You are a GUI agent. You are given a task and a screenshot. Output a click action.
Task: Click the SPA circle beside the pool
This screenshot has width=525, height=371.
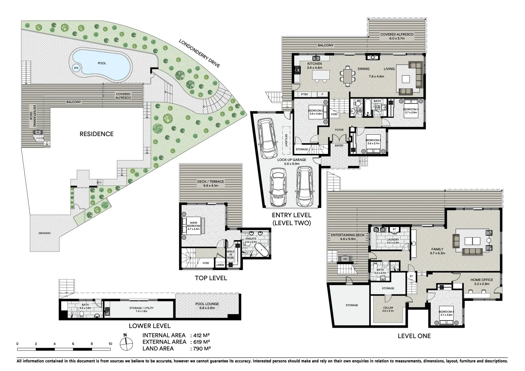tap(76, 68)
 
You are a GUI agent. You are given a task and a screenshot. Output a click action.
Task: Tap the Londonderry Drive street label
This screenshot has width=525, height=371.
tap(199, 53)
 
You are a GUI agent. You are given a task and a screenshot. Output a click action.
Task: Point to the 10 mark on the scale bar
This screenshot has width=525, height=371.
tap(110, 344)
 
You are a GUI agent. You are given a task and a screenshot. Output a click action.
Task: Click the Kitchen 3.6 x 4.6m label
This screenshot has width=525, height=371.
tap(314, 66)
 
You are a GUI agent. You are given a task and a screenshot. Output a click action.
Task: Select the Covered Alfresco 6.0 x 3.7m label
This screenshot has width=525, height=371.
tap(397, 36)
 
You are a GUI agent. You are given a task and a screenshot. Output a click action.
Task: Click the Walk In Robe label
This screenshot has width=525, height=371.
tap(230, 255)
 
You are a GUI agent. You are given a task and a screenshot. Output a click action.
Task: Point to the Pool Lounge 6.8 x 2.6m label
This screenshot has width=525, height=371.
tap(207, 306)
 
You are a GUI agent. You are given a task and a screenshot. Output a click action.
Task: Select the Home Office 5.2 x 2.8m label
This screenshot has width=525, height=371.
tap(481, 282)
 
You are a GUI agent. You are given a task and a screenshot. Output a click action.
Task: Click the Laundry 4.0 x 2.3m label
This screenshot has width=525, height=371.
tap(393, 241)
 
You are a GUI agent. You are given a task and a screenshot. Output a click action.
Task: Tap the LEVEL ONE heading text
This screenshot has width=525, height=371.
tap(414, 336)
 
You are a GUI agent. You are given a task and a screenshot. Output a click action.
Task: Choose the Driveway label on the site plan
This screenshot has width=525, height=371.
tap(44, 233)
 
